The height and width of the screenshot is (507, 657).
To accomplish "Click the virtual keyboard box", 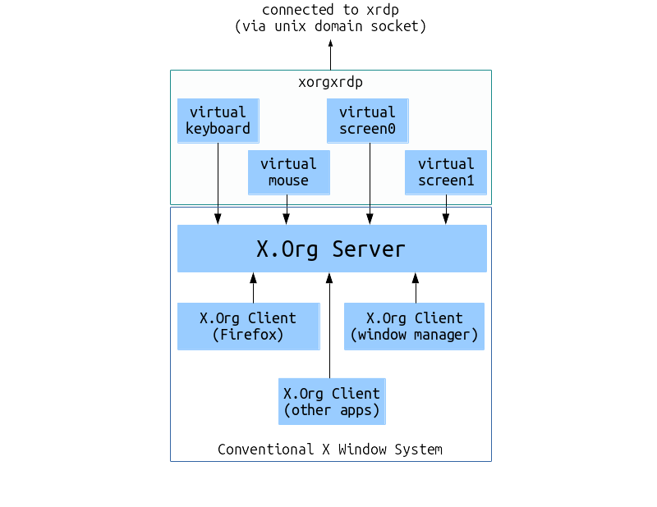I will point(218,121).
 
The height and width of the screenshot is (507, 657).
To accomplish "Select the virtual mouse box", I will point(288,172).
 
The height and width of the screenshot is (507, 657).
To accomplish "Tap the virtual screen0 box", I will point(367,121).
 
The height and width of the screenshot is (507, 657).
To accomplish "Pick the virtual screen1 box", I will point(445,172).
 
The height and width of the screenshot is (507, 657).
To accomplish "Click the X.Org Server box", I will point(332,249).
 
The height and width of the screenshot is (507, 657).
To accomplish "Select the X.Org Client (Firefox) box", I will point(248,327).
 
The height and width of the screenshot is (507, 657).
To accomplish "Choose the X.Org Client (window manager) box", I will point(414,327).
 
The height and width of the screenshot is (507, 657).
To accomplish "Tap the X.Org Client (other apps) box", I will point(332,401).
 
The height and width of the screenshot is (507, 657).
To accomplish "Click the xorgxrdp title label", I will point(330,82).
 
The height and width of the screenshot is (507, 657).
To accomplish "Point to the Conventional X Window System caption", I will point(330,450).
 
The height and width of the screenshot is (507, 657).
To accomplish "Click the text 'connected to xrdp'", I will point(330,10).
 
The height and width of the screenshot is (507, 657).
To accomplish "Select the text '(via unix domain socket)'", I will point(330,26).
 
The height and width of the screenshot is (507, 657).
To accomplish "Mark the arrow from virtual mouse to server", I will point(287,209).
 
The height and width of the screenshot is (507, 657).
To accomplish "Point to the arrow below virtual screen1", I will point(445,209).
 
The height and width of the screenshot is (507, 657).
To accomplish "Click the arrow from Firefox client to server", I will point(253,288).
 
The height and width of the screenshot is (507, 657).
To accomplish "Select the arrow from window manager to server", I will point(416,288).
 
